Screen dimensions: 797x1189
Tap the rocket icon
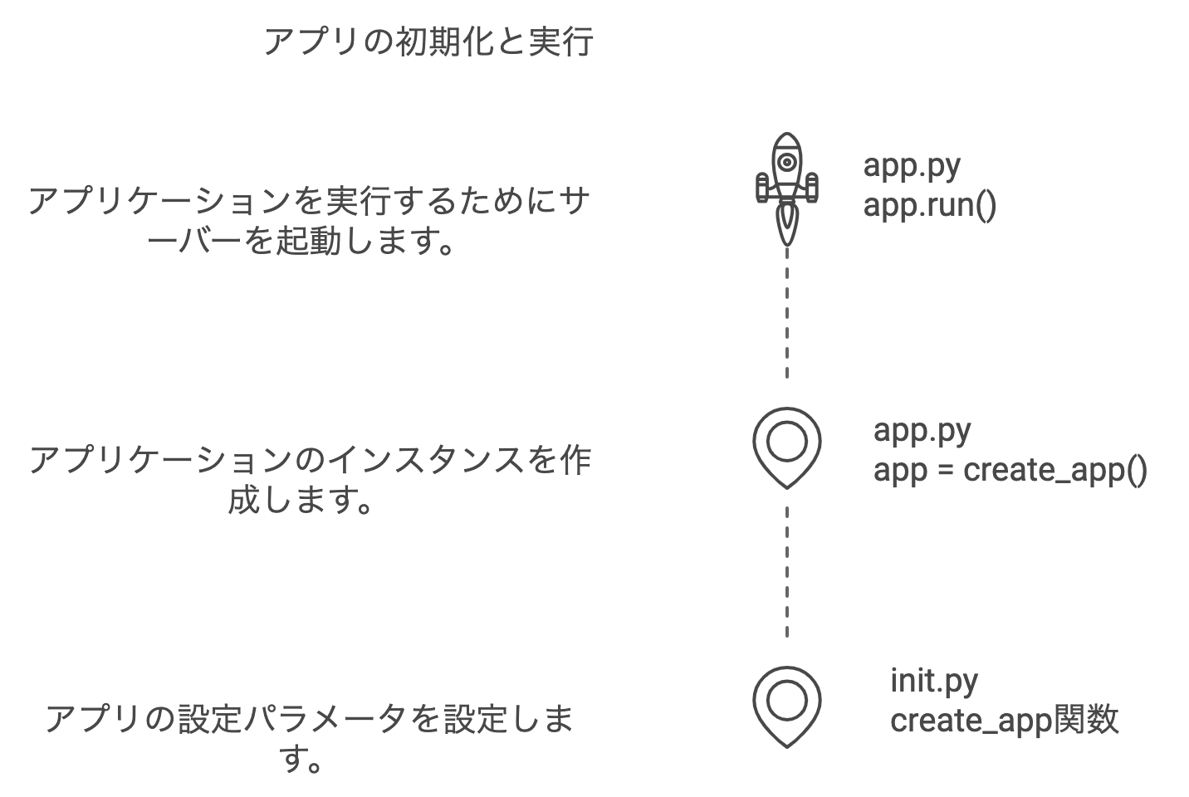[786, 187]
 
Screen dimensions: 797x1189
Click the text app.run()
[929, 204]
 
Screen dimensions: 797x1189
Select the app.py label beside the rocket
[912, 164]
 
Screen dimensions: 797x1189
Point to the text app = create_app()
[1010, 470]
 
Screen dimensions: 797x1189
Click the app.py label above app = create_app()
[922, 430]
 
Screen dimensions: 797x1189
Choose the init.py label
[934, 680]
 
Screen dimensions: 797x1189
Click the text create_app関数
[1004, 720]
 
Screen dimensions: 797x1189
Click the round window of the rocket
[786, 162]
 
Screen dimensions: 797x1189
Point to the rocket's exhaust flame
[786, 224]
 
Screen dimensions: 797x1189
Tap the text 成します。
[299, 501]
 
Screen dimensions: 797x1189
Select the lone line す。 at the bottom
[301, 759]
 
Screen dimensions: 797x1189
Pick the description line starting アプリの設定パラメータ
[309, 719]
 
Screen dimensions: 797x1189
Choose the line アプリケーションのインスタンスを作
[309, 460]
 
